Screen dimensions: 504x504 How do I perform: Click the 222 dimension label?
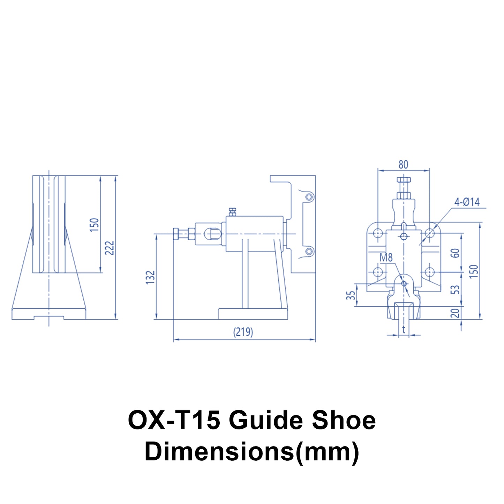tap(110, 248)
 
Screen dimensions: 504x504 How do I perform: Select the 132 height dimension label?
tap(150, 277)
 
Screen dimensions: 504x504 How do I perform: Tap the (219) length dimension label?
tap(243, 331)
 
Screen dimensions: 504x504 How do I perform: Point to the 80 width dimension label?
tap(403, 164)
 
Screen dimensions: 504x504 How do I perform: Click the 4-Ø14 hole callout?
tap(467, 202)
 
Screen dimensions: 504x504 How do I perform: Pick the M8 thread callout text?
tap(386, 258)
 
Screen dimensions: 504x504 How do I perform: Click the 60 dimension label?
tap(455, 253)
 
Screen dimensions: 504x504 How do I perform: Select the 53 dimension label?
tap(455, 289)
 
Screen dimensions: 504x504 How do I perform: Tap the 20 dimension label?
tap(455, 313)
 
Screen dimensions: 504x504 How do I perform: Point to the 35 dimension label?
tap(351, 295)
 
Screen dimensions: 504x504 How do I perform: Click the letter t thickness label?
tap(404, 329)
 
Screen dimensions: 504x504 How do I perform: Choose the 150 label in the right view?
tap(473, 271)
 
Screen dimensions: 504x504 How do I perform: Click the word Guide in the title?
tap(266, 420)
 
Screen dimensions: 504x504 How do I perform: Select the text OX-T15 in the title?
tap(174, 420)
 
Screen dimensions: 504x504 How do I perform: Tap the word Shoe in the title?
tap(344, 420)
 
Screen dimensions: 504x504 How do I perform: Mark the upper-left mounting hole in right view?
tap(378, 233)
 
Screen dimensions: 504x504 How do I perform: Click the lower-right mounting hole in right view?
tap(430, 271)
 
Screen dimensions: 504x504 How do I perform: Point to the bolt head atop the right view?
tap(404, 180)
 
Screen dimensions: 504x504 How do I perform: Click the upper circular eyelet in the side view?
tap(309, 197)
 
